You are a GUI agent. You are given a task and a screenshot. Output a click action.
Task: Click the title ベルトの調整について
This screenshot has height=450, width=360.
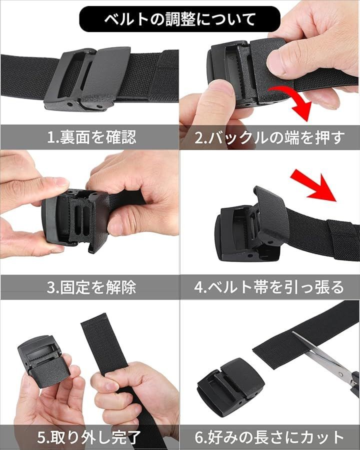pos(179,19)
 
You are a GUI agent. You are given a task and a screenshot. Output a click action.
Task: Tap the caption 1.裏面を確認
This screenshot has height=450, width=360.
pos(91,137)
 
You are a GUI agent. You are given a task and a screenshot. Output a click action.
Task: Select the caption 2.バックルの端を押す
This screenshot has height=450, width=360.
pos(269,137)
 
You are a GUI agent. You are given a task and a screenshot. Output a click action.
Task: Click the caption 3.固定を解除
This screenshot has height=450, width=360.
pos(91,287)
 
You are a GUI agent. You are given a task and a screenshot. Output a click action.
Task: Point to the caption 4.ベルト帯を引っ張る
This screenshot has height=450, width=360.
pos(269,287)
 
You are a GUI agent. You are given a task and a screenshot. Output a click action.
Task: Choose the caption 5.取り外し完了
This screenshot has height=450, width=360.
pos(88,437)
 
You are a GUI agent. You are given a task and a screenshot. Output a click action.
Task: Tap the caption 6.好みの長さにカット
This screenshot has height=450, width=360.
pos(269,437)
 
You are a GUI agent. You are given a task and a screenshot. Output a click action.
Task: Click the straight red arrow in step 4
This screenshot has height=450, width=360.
pos(313,186)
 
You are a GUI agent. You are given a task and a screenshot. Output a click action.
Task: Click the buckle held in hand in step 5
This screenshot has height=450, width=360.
pos(39,361)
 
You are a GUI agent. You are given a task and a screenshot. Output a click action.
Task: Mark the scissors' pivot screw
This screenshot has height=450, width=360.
pos(340,374)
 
